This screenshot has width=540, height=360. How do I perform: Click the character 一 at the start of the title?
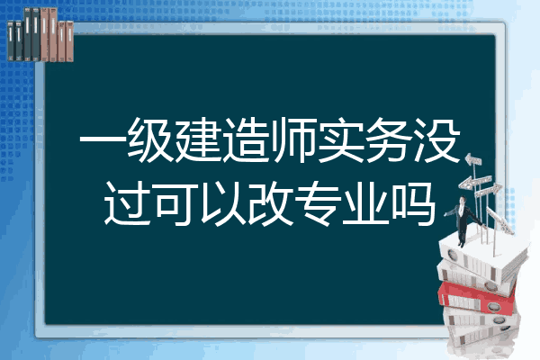[x=103, y=139]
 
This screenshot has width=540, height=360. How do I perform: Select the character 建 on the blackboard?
[x=198, y=139]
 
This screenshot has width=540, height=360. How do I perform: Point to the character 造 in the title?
[x=246, y=139]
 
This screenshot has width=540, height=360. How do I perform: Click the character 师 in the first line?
[x=293, y=139]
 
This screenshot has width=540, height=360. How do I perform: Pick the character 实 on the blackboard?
[x=341, y=139]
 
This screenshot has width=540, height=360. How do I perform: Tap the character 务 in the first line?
[x=389, y=139]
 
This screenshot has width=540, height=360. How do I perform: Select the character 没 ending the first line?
[x=437, y=139]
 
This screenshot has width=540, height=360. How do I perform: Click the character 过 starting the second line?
[x=127, y=204]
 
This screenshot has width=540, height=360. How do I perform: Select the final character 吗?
[x=413, y=204]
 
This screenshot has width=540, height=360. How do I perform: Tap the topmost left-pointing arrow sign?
[x=473, y=160]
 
